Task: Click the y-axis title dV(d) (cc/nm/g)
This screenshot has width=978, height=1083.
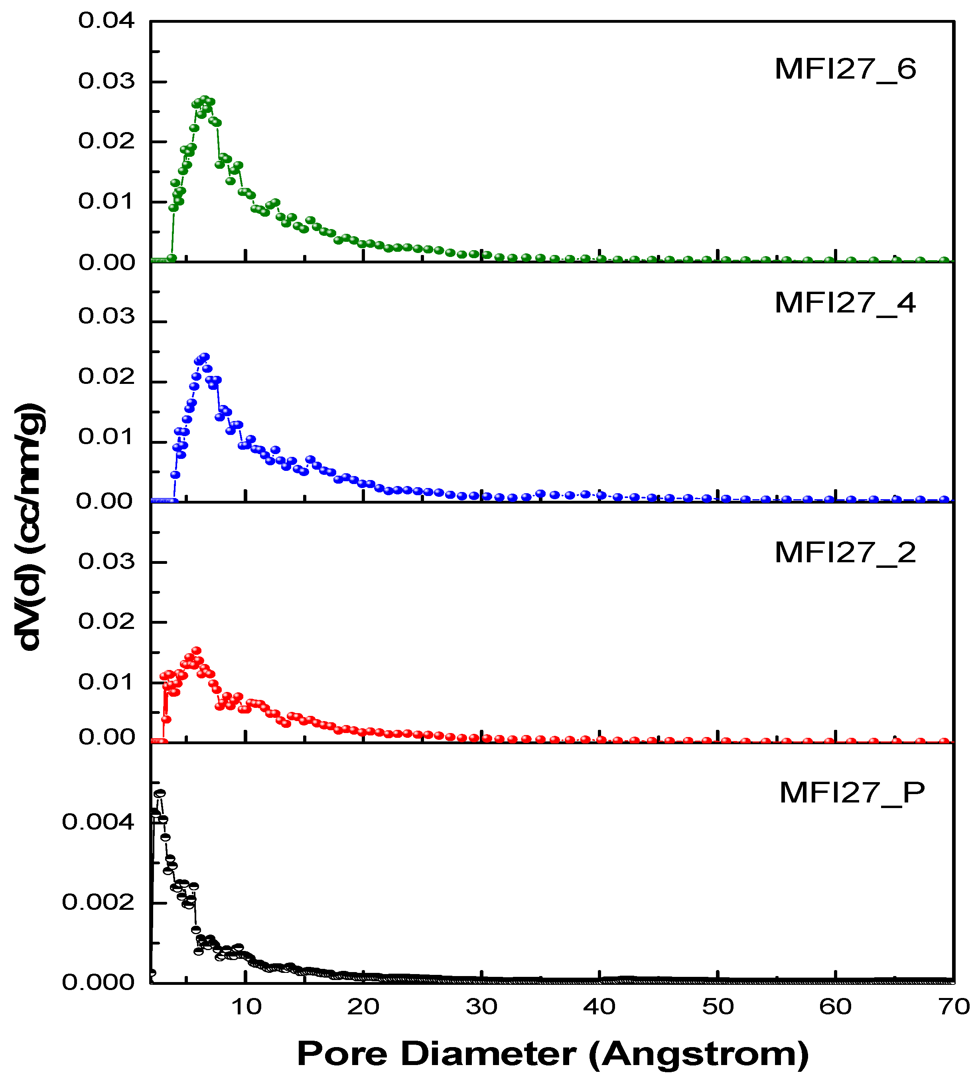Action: pos(30,526)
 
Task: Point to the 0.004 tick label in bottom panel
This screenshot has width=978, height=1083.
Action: pos(98,822)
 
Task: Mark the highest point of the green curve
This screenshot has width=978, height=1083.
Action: pos(204,100)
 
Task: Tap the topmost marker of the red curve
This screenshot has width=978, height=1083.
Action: pos(197,650)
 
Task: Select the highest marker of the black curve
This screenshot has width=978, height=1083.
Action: pos(160,793)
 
